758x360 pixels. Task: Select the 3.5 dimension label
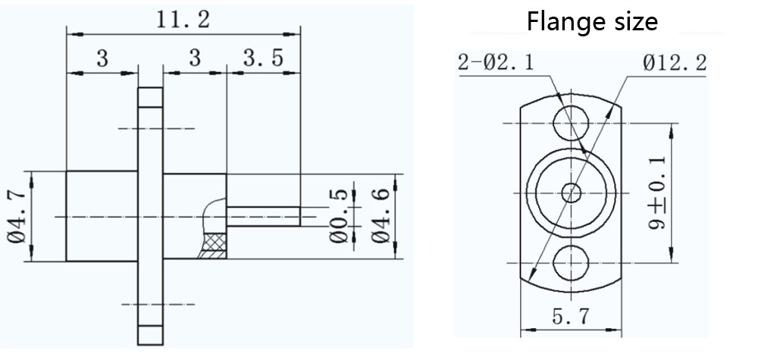pyautogui.click(x=265, y=58)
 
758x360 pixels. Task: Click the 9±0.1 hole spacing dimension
pyautogui.click(x=656, y=194)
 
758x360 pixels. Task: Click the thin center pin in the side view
pyautogui.click(x=265, y=217)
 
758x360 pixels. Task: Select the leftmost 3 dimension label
pyautogui.click(x=102, y=58)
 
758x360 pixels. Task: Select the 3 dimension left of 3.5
pyautogui.click(x=195, y=58)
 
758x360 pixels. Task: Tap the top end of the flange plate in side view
pyautogui.click(x=149, y=98)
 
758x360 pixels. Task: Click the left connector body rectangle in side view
pyautogui.click(x=102, y=217)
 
